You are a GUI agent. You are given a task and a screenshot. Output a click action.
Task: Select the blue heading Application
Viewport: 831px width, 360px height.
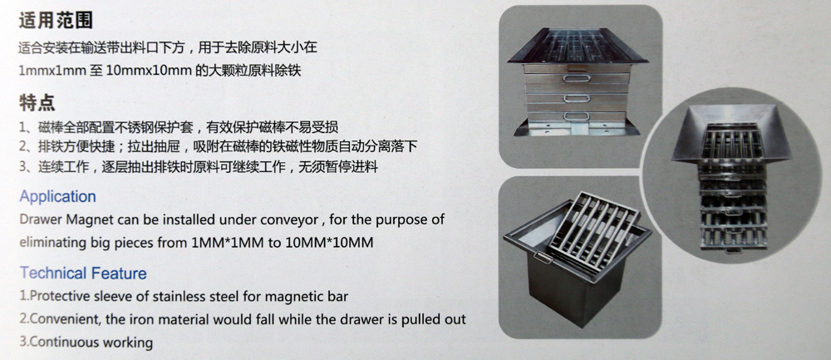(57, 197)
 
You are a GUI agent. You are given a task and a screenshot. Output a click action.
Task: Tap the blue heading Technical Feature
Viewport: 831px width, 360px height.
(82, 274)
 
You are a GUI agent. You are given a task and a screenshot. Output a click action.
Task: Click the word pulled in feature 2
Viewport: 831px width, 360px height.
(408, 319)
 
